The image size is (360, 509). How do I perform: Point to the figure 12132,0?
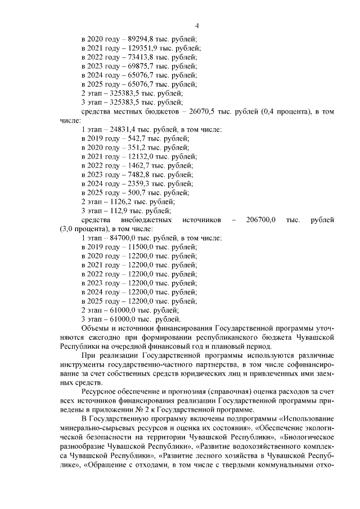pos(137,156)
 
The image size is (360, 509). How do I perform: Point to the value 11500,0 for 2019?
pos(137,246)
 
